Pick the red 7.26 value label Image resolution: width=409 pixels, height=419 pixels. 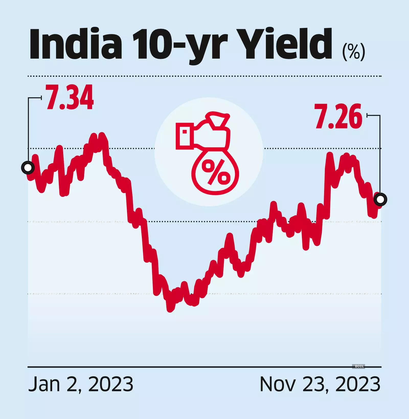pos(338,117)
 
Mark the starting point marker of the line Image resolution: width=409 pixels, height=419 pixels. pos(28,168)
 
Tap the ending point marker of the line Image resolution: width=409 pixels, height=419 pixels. pos(380,199)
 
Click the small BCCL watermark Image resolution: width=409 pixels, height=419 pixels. pos(359,366)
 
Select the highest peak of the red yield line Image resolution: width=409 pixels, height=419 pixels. pos(102,135)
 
